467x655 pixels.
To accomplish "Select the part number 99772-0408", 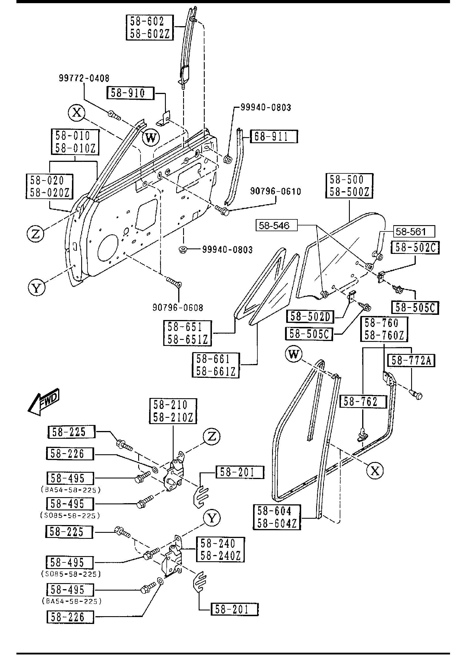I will pos(84,78).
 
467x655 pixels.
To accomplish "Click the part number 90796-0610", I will pos(276,191).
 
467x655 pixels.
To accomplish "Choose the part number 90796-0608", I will pos(178,308).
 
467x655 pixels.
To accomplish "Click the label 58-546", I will pos(277,225).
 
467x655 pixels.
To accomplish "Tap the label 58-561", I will pos(414,231).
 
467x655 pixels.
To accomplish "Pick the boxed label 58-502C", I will pos(415,247).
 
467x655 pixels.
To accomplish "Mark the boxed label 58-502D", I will pos(310,317).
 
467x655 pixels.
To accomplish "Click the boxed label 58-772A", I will pos(411,360).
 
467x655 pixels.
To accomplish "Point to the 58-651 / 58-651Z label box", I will pos(187,333).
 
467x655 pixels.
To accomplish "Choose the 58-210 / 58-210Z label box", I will pos(173,411).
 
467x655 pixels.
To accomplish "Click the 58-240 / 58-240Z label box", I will pos(221,549).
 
